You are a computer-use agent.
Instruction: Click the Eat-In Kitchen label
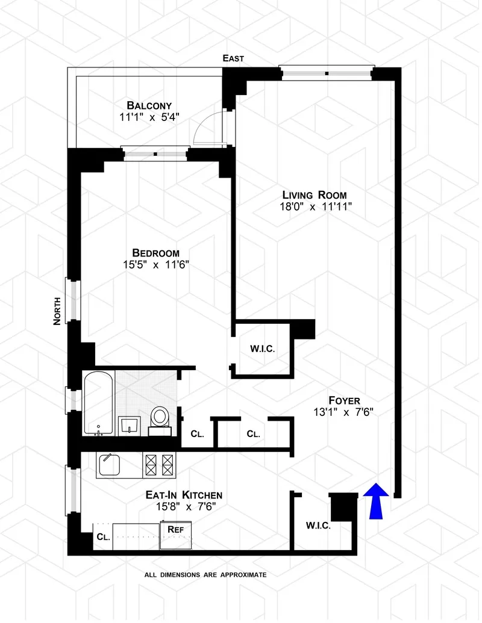pos(184,495)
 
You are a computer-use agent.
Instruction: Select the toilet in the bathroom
pos(160,417)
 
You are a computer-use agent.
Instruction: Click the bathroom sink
pos(130,425)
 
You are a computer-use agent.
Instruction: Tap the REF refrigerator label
pos(175,528)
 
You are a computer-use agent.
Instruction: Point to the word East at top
pos(233,58)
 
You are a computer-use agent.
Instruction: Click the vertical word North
pos(57,311)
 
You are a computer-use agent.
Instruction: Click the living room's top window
pos(327,73)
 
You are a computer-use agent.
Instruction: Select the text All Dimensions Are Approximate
pos(205,575)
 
